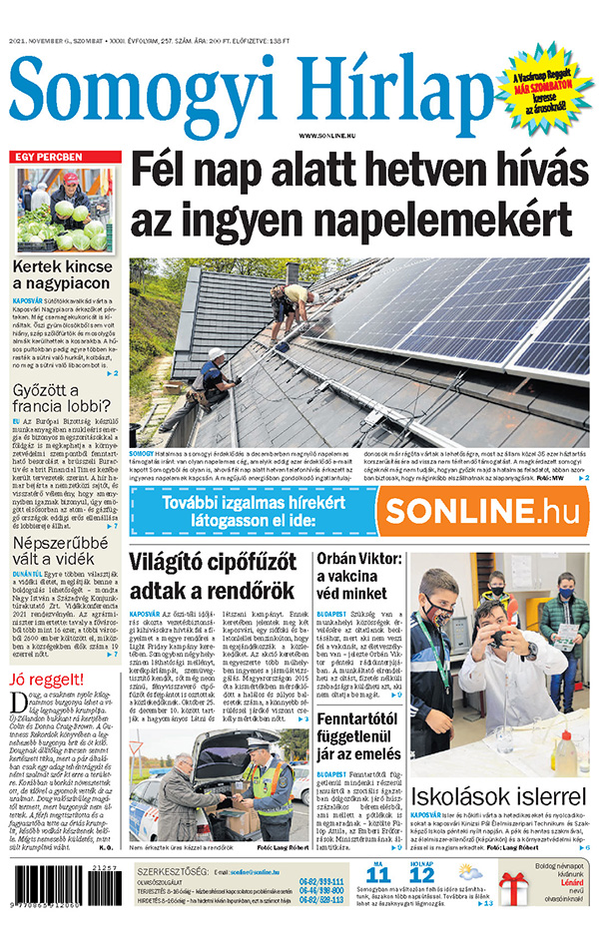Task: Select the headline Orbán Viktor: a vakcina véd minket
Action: point(360,576)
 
